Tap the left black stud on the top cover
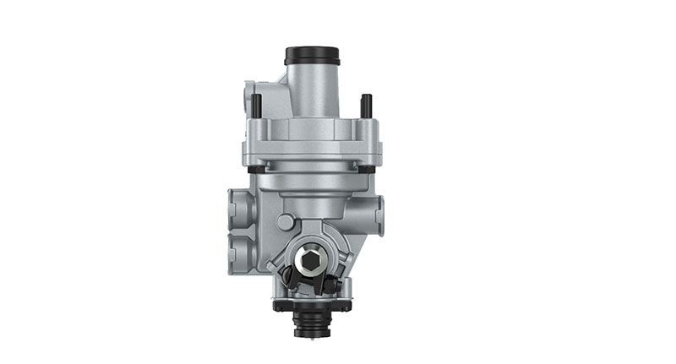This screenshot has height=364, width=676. click(257, 104)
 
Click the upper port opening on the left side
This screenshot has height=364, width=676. click(235, 206)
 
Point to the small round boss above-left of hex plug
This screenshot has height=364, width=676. click(286, 222)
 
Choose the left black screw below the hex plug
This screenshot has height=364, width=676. click(288, 276)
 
